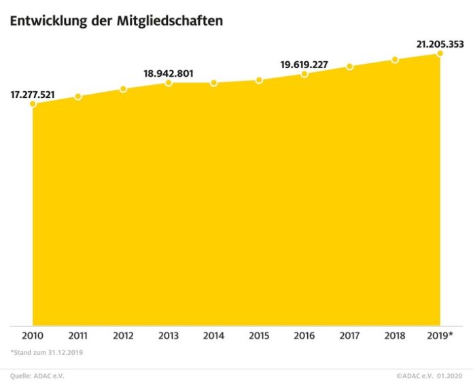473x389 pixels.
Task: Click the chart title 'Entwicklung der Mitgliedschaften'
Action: click(116, 21)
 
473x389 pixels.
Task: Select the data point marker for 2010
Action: click(33, 104)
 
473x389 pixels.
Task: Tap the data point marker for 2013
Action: click(169, 83)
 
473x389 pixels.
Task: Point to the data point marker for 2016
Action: click(304, 73)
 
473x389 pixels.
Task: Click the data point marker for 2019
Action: click(440, 53)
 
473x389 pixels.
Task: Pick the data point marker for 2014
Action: click(214, 83)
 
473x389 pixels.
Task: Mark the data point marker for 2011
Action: click(78, 97)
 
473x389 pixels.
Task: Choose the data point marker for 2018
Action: click(395, 60)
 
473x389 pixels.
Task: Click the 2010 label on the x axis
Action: click(33, 337)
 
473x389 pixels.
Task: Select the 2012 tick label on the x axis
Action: click(123, 337)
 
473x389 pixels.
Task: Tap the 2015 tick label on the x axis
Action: click(259, 337)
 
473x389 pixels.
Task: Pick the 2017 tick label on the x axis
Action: click(349, 337)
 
